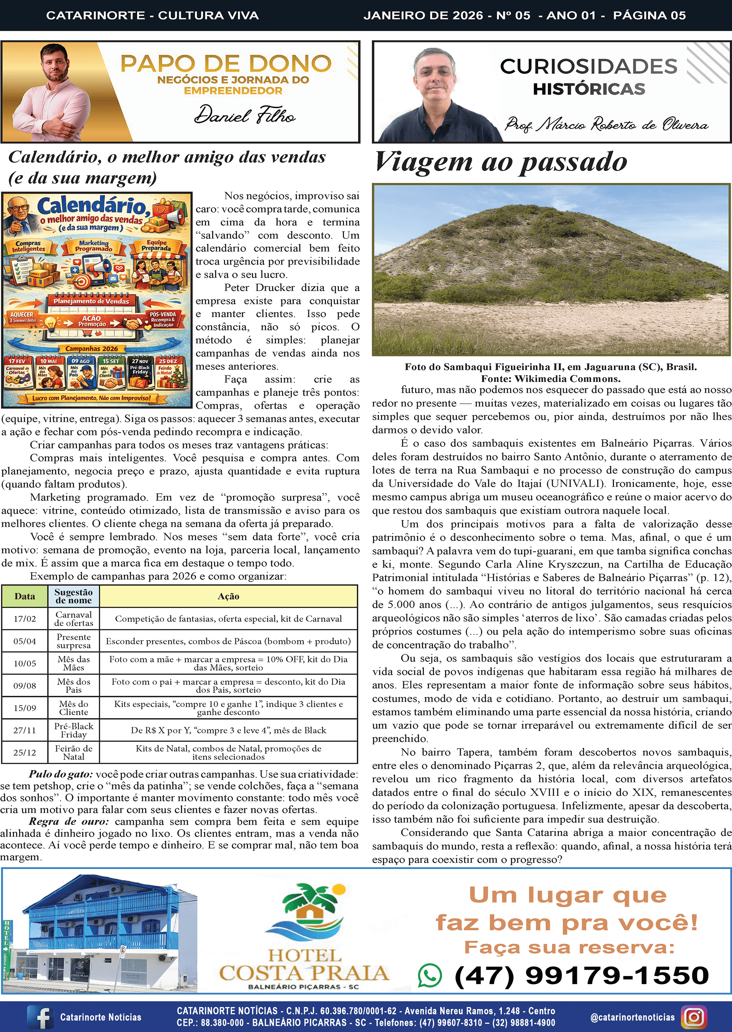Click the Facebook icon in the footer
pyautogui.click(x=41, y=1017)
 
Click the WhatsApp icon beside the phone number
pyautogui.click(x=430, y=975)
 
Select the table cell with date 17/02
pyautogui.click(x=25, y=619)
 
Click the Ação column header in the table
pyautogui.click(x=228, y=596)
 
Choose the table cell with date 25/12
pyautogui.click(x=25, y=752)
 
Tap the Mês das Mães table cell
pyautogui.click(x=74, y=664)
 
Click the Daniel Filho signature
pyautogui.click(x=245, y=115)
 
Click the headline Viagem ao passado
pyautogui.click(x=500, y=162)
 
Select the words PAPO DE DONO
pyautogui.click(x=226, y=64)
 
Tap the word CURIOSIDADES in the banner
pyautogui.click(x=589, y=66)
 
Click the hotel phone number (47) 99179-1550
pyautogui.click(x=582, y=975)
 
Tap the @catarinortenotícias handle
pyautogui.click(x=632, y=1017)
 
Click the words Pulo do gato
pyautogui.click(x=61, y=774)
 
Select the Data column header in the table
pyautogui.click(x=25, y=596)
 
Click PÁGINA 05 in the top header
pyautogui.click(x=649, y=15)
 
